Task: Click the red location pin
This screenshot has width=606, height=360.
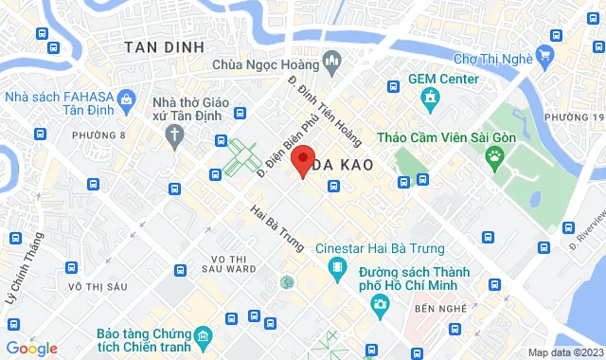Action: [x=302, y=159]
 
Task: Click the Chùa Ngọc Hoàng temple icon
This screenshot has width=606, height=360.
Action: [x=332, y=64]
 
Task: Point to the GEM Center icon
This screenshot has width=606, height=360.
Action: [x=430, y=97]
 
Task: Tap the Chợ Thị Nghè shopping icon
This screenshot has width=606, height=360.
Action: [x=544, y=55]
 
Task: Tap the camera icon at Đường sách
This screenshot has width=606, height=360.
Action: [x=380, y=305]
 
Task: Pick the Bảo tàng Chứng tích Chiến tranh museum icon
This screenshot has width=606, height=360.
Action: [x=202, y=336]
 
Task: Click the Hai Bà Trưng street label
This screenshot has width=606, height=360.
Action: [x=277, y=228]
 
